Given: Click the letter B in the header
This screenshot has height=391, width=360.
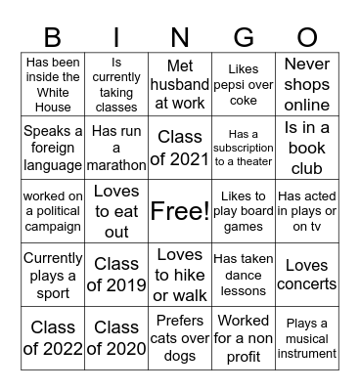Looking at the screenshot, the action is tap(53, 37).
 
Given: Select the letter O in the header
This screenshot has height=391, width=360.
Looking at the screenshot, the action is tap(307, 37).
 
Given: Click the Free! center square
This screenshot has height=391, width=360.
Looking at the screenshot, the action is tap(179, 211).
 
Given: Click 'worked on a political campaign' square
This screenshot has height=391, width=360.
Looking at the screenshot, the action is tap(53, 211).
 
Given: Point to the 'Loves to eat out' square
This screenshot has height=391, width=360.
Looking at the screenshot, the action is tap(116, 211).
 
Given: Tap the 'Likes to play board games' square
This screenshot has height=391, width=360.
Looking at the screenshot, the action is tap(243, 211).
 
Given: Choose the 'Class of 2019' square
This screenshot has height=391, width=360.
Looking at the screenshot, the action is tap(116, 275).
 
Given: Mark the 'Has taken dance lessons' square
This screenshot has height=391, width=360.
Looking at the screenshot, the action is tap(243, 275).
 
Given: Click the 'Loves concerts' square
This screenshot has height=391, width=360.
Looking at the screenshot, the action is tap(307, 275).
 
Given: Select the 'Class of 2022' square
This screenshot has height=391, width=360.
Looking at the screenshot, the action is tap(53, 337).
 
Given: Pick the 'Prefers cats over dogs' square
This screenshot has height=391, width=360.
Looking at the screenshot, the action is tap(179, 337).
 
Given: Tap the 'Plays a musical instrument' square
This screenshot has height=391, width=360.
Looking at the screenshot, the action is tap(307, 337).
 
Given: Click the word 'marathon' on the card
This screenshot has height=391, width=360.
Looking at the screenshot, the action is tap(116, 164).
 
